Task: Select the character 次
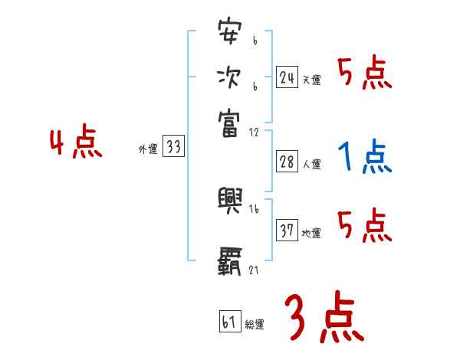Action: click(230, 79)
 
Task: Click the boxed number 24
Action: click(287, 77)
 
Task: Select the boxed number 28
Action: click(287, 162)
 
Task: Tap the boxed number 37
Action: click(287, 231)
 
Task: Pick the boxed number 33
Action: click(173, 148)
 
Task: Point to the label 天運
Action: click(311, 80)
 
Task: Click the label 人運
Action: click(311, 164)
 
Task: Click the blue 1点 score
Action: click(364, 158)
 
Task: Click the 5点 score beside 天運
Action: click(364, 74)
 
